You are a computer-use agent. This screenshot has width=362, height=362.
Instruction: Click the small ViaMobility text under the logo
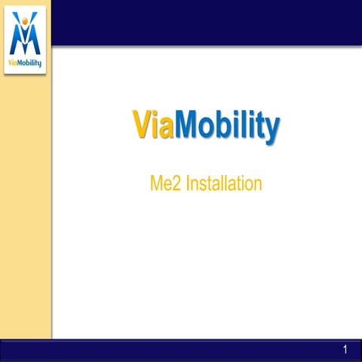26,63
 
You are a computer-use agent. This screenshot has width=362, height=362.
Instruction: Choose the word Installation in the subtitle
224,183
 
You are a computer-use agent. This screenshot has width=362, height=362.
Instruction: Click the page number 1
345,349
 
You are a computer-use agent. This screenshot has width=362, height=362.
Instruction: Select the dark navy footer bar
181,350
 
